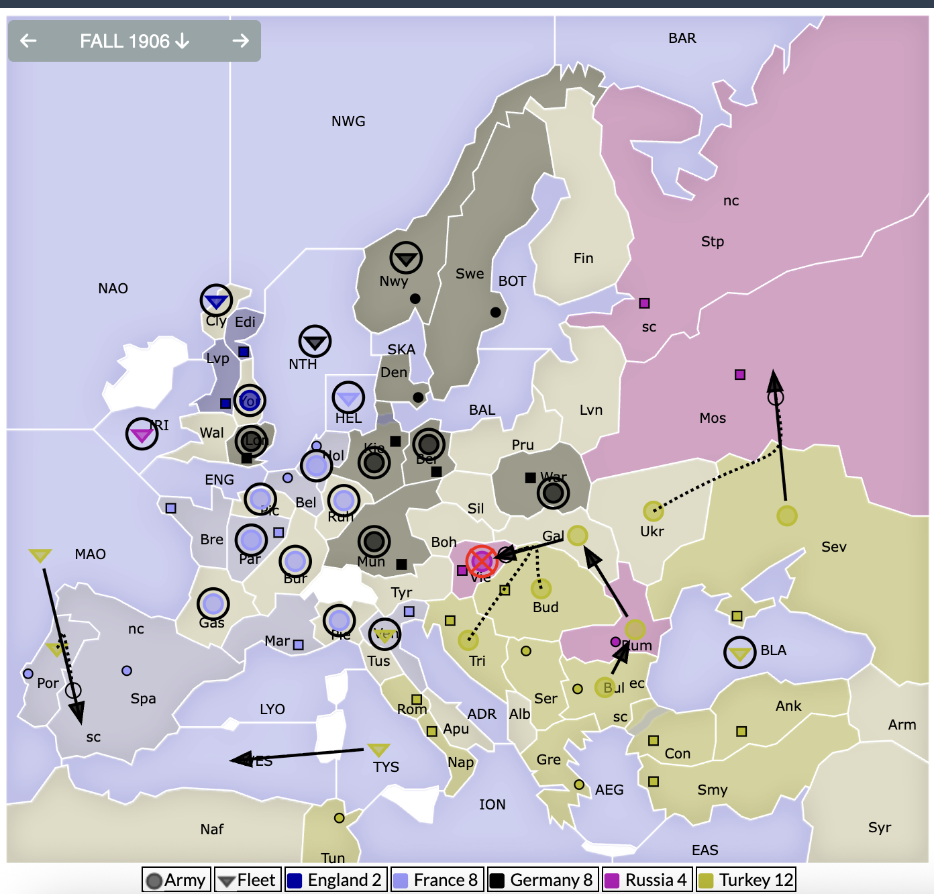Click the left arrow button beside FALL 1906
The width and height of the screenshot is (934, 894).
(28, 41)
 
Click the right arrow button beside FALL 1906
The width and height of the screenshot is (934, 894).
(240, 41)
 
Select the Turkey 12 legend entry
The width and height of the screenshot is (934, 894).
(747, 880)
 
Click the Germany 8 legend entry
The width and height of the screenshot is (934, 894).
(541, 880)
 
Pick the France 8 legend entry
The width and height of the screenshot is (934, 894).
(436, 880)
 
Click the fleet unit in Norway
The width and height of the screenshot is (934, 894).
(406, 258)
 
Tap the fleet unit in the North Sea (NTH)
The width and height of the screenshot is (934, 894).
(315, 342)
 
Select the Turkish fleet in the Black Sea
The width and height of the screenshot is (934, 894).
(740, 652)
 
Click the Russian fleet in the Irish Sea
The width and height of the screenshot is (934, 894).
(142, 434)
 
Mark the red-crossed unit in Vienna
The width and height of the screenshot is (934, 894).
(482, 560)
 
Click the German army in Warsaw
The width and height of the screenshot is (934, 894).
(554, 493)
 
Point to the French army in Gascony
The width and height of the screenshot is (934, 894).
(213, 604)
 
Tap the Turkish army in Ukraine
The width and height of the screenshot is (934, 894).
(653, 511)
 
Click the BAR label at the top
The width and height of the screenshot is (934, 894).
(682, 38)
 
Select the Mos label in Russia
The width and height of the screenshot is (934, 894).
(713, 418)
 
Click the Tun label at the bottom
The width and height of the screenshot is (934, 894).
(333, 858)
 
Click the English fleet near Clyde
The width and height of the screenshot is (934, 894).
(216, 301)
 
